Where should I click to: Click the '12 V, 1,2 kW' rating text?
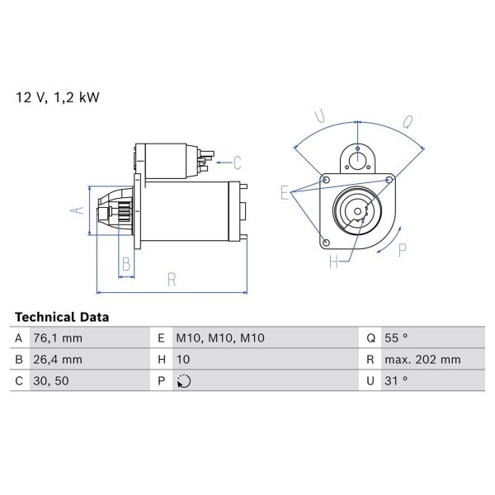pos(58,97)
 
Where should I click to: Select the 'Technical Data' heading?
pos(62,317)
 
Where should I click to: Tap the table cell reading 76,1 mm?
pos(58,338)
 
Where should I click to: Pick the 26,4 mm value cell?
pos(58,360)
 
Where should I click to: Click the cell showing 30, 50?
pos(51,380)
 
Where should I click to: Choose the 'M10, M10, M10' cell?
pos(220,338)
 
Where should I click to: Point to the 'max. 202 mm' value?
pos(422,360)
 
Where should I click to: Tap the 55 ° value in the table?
pos(396,338)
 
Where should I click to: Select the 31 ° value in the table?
pos(396,380)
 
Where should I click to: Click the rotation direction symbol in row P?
pos(184,381)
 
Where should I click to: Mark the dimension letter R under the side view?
pos(172,280)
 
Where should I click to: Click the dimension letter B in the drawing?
pos(126,264)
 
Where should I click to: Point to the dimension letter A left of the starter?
pos(78,210)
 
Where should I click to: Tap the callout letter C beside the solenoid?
pos(238,163)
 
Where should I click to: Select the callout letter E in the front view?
pos(285,193)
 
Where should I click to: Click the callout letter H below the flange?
pos(333,262)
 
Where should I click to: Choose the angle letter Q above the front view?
pos(408,122)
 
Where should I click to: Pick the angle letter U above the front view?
pos(320,116)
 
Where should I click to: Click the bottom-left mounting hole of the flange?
pos(327,243)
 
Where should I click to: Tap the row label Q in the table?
pos(371,338)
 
